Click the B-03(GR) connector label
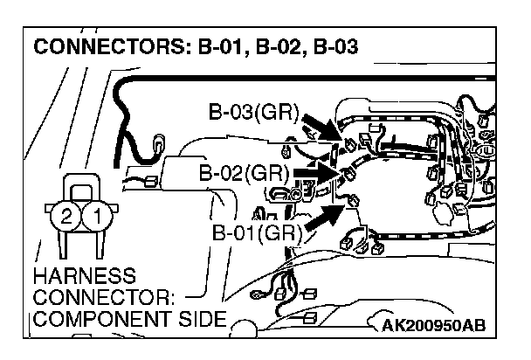(x=253, y=114)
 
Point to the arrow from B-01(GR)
(x=323, y=218)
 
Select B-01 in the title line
(x=220, y=45)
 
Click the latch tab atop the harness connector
(x=82, y=187)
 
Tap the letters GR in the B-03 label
(x=281, y=114)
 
